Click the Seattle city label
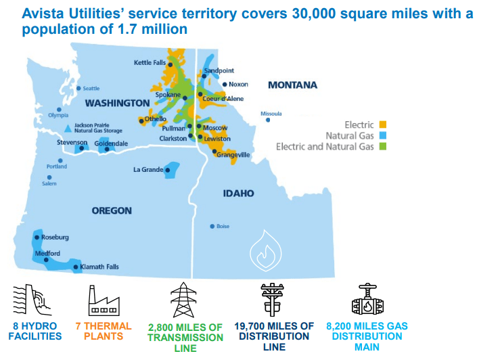[91, 89]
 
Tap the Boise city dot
[212, 226]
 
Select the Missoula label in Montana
[271, 114]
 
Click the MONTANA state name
[292, 85]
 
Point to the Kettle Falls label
[150, 63]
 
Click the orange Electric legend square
[382, 125]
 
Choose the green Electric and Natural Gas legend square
[382, 146]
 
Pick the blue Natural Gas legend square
[382, 135]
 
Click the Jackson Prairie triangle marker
[66, 127]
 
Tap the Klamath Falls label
[99, 267]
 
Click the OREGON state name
[112, 211]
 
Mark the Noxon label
[239, 85]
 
